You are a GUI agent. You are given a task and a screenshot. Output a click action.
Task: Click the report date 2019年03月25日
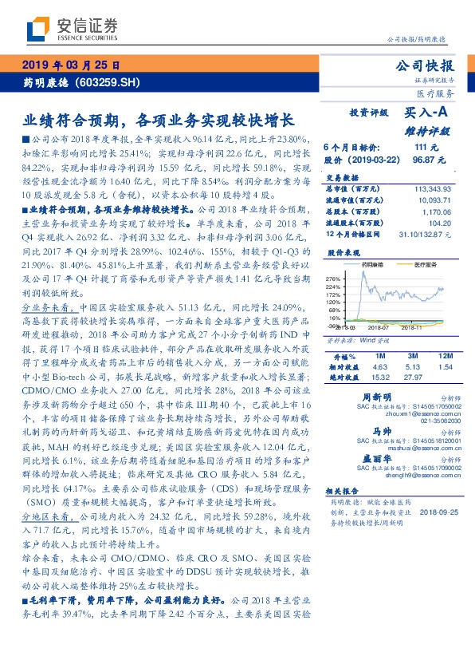[x=70, y=65]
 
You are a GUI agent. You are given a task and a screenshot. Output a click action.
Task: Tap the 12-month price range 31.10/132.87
[x=426, y=234]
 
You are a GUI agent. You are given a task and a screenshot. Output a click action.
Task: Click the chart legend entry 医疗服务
[x=422, y=263]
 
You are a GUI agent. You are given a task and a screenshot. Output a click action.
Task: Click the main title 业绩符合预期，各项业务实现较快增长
[x=159, y=121]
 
